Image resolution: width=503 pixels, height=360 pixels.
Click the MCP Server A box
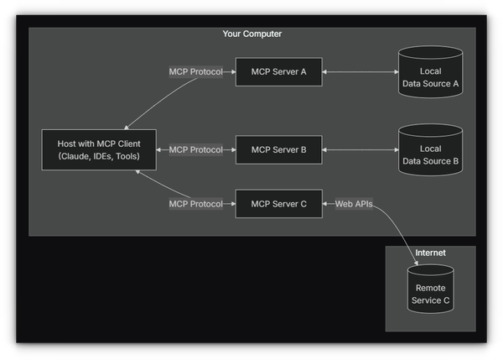[278, 72]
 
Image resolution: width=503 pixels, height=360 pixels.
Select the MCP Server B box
[278, 150]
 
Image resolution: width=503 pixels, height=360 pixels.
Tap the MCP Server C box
[278, 204]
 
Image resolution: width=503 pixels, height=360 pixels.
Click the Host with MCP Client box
[93, 150]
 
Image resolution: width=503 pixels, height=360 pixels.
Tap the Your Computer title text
[251, 34]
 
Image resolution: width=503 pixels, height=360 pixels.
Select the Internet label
[430, 253]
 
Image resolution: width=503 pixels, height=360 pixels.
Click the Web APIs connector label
[353, 204]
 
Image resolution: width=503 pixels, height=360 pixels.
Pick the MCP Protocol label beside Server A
[195, 72]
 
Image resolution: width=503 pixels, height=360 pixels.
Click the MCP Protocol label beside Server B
[195, 150]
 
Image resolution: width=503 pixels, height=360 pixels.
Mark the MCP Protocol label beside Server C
[195, 204]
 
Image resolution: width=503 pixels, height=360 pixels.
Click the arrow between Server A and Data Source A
[360, 72]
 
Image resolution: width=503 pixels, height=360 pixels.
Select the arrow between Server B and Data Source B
[360, 150]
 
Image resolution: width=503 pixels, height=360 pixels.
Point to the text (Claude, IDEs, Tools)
[93, 157]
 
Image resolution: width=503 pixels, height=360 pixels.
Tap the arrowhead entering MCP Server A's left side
[232, 72]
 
